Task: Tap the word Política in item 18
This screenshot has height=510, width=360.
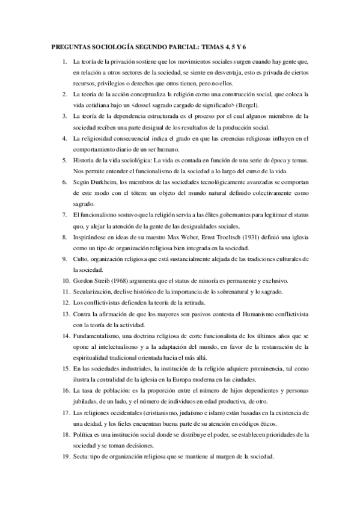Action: click(83, 433)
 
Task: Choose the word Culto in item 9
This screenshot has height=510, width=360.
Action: click(81, 259)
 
